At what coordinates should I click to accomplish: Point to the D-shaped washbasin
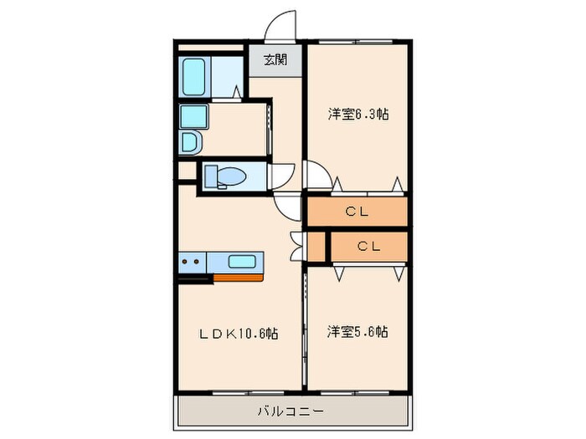[x=189, y=143]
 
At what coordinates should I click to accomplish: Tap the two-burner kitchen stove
[x=190, y=262]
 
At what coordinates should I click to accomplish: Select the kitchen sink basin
[x=242, y=261]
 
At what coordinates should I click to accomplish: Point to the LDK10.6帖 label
[x=238, y=333]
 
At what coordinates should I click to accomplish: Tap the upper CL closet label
[x=357, y=212]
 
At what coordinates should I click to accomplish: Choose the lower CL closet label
[x=368, y=246]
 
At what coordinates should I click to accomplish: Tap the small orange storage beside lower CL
[x=316, y=246]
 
